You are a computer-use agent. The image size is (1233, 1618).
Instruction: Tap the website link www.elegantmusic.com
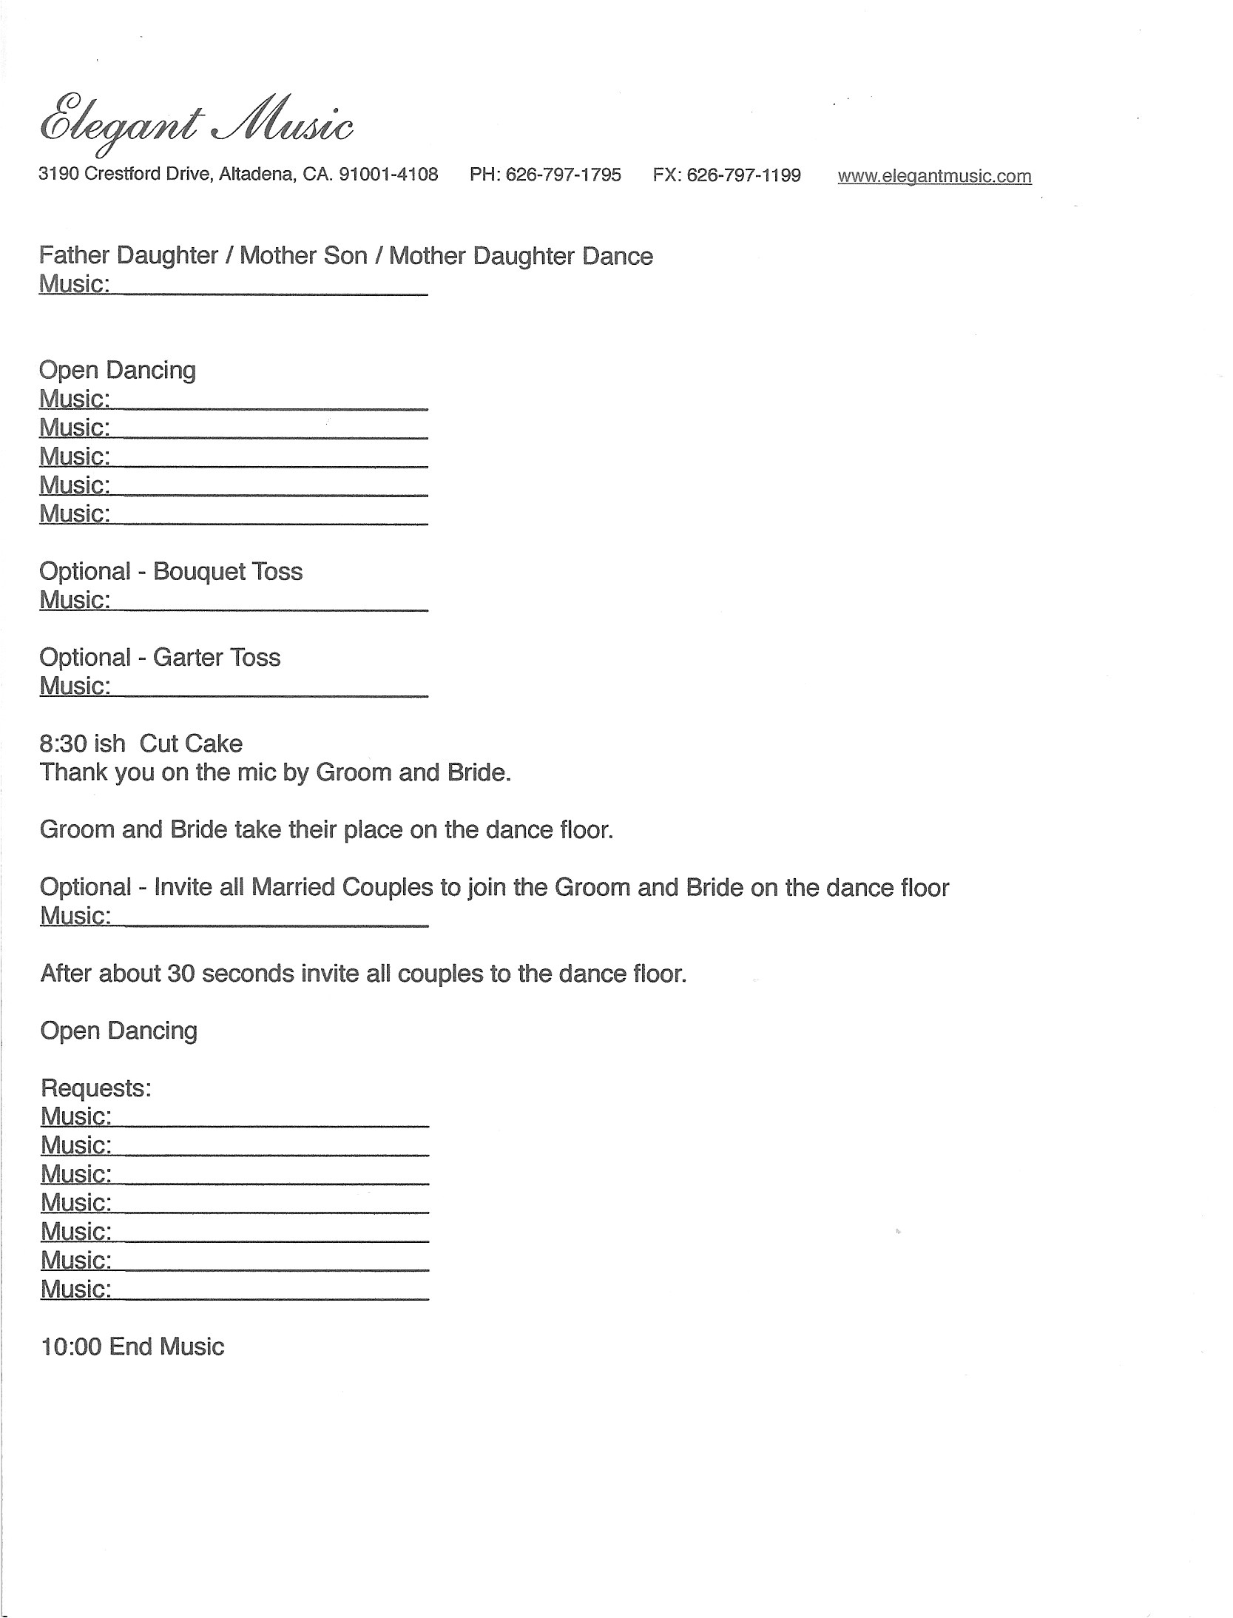click(x=933, y=176)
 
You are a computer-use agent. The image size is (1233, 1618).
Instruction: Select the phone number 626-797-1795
click(x=564, y=175)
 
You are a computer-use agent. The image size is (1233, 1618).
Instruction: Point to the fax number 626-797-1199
click(x=743, y=175)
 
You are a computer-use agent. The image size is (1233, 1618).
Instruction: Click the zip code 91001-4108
click(x=388, y=175)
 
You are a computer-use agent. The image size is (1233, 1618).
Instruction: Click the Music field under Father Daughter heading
click(x=270, y=285)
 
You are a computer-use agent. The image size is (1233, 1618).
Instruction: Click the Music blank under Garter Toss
click(x=270, y=687)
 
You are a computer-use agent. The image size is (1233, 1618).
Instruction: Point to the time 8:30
click(x=62, y=744)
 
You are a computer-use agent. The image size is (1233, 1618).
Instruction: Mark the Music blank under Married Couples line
click(x=270, y=917)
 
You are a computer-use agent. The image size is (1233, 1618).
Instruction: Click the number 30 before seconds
click(x=180, y=974)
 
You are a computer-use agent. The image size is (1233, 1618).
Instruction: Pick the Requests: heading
click(x=95, y=1088)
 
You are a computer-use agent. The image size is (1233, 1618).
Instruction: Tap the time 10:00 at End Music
click(x=71, y=1346)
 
